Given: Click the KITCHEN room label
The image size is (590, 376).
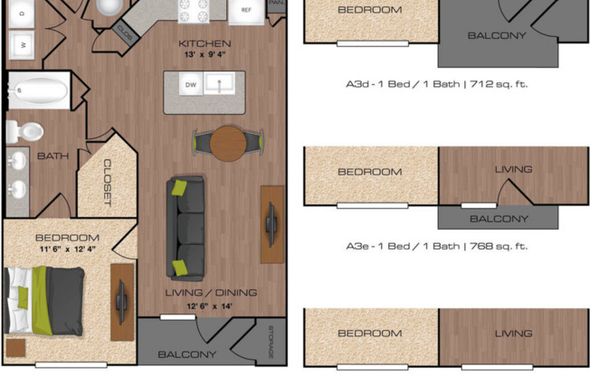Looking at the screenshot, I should coord(205,42).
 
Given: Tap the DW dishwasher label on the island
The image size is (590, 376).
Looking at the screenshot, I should coord(191,85).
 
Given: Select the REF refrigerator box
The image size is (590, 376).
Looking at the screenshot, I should coord(246,11).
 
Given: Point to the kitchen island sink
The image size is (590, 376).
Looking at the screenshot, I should coord(218,84).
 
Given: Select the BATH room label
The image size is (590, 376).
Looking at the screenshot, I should coord(52,155).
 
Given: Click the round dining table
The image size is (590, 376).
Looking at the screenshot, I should coord(228,142).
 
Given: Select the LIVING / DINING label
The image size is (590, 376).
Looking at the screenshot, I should coord(211,292).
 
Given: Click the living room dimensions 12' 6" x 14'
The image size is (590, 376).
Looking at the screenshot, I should coord(210,306).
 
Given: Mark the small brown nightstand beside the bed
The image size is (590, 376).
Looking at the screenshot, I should coord(14,348).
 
